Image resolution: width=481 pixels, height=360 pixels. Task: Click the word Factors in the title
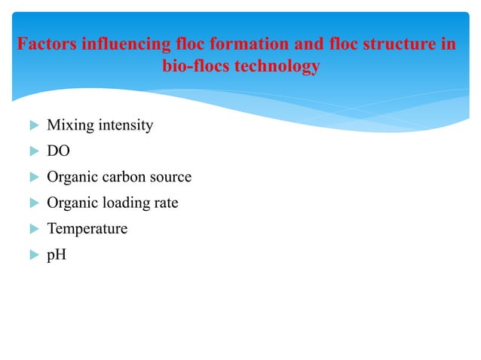(47, 44)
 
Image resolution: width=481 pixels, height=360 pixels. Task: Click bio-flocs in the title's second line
(194, 66)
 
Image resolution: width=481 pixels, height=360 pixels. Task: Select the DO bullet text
(57, 151)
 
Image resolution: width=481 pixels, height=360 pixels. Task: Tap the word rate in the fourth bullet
(166, 203)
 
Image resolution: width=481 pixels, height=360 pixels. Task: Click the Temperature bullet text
(87, 229)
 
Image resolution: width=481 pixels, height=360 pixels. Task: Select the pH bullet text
(56, 255)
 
